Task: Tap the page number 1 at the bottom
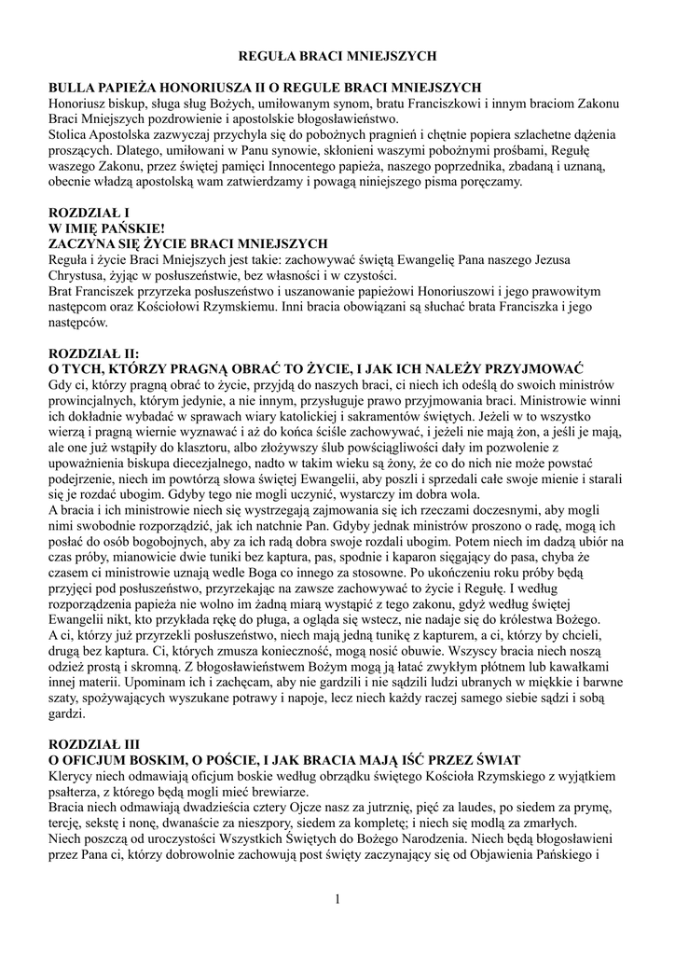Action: (337, 898)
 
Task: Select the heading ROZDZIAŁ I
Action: (89, 214)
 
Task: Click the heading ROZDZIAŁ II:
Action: (93, 353)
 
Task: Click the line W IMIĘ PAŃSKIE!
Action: (106, 228)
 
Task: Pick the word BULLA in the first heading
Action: (74, 87)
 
